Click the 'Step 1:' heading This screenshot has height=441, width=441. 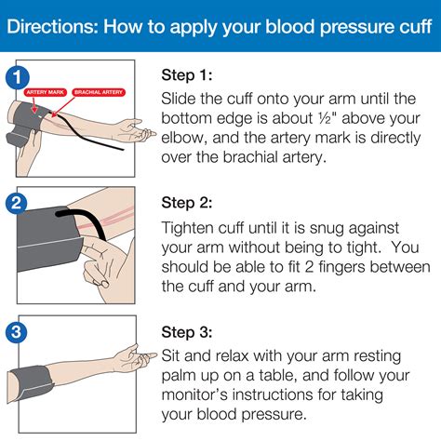pyautogui.click(x=189, y=74)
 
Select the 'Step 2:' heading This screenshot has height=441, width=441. pyautogui.click(x=189, y=202)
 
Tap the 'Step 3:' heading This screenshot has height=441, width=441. pyautogui.click(x=189, y=331)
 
